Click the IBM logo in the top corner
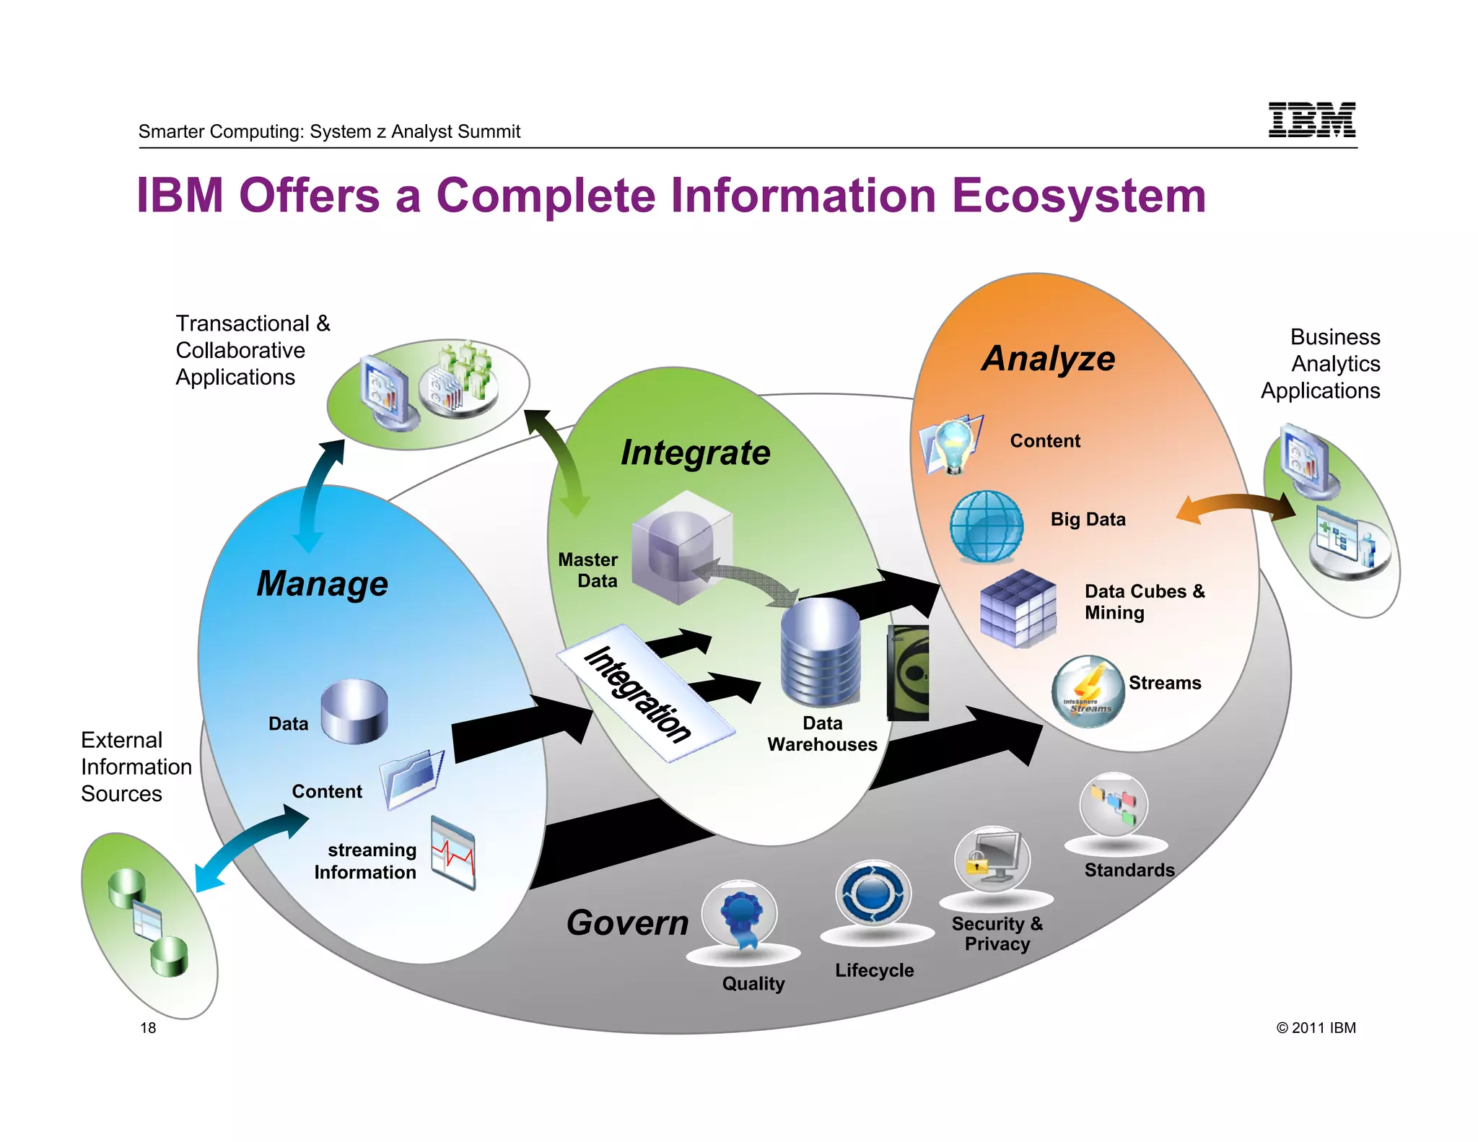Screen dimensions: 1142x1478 1311,120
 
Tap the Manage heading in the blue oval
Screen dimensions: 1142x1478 322,583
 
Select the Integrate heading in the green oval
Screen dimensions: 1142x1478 695,453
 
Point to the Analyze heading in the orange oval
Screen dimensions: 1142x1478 1048,359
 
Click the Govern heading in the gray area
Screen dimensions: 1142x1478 627,923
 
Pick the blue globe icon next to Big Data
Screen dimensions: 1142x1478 986,526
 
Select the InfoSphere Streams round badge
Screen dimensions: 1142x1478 1088,692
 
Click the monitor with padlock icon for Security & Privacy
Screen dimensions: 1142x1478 992,860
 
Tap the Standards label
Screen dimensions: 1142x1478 1129,870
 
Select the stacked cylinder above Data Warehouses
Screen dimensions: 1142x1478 821,653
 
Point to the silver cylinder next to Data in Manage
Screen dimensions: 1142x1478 354,711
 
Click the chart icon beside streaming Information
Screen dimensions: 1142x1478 453,853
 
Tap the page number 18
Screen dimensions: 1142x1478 148,1027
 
